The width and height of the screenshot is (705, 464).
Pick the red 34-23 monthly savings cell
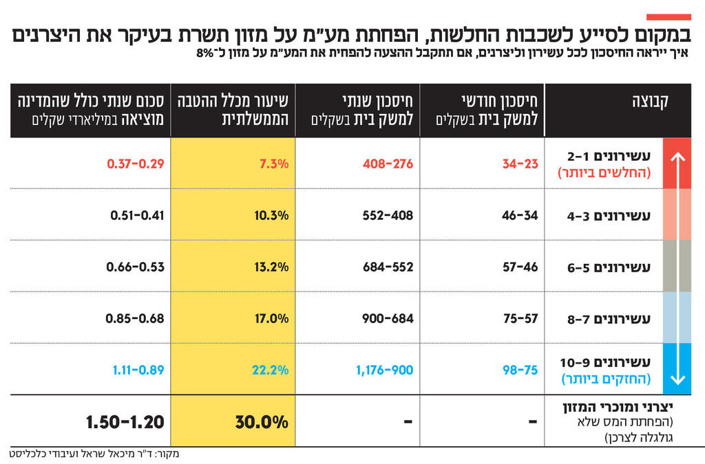(520, 164)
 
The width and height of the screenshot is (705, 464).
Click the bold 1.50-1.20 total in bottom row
(125, 421)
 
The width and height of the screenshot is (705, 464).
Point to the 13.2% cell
(270, 267)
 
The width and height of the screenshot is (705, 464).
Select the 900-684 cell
(388, 318)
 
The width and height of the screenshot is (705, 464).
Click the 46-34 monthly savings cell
(520, 215)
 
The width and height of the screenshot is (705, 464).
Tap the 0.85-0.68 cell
(135, 318)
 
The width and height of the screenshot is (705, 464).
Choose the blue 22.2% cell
(270, 370)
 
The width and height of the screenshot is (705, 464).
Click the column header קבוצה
(650, 103)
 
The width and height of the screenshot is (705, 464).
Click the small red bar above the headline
(668, 16)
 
